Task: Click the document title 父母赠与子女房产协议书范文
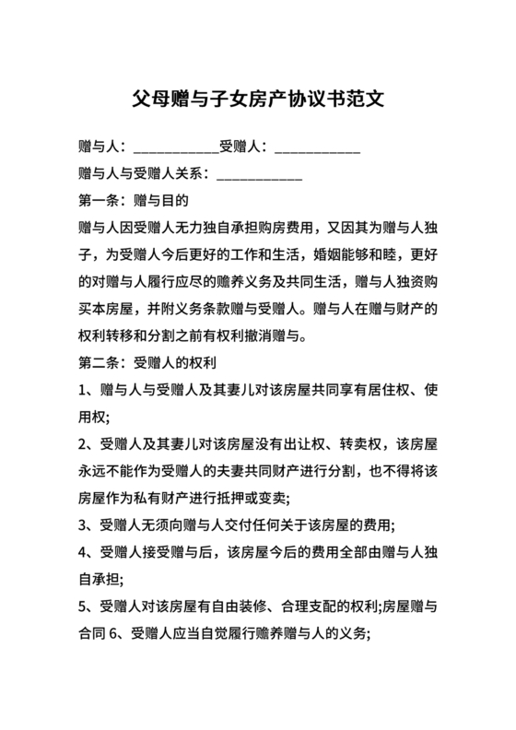(x=258, y=97)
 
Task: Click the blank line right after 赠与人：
(x=175, y=147)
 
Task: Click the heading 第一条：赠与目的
(x=135, y=199)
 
